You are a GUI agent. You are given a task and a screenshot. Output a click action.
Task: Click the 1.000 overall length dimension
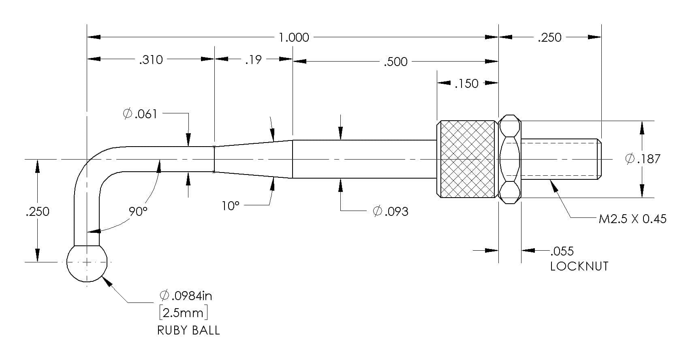point(294,38)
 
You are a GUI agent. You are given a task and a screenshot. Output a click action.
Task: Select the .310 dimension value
point(151,60)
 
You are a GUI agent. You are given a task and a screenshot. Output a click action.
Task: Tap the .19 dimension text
point(253,60)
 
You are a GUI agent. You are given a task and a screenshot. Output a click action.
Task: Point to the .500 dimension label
point(395,62)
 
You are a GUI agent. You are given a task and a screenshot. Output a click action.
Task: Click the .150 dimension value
point(466,83)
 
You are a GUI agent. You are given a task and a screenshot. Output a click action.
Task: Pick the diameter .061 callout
point(140,114)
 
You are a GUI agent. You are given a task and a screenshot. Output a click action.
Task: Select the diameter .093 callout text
point(391,211)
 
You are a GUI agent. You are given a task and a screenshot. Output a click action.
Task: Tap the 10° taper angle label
point(230,206)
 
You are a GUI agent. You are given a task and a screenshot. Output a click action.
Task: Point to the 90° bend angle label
point(138,211)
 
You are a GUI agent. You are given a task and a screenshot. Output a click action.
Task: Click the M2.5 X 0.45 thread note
point(633,219)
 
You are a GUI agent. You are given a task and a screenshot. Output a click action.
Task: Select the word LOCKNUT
point(579,266)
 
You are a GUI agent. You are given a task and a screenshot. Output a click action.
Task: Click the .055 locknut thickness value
point(562,251)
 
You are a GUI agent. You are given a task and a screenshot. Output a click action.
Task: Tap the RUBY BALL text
point(188,330)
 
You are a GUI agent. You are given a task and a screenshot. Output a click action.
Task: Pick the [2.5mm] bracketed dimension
point(184,313)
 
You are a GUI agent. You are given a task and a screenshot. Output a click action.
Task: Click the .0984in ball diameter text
point(186,296)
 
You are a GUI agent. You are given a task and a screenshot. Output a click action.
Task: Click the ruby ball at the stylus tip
point(87,262)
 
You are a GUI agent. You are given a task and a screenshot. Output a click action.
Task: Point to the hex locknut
point(510,159)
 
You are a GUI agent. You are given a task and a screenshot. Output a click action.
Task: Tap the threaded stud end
point(561,159)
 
